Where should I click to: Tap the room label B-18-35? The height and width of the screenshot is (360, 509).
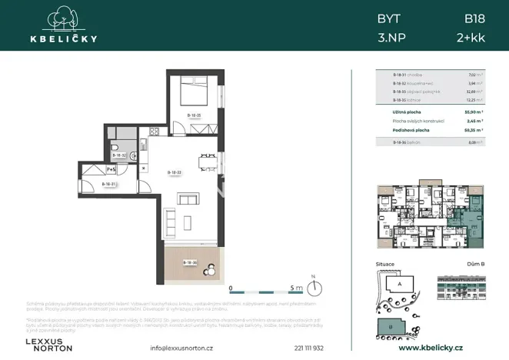point(194,115)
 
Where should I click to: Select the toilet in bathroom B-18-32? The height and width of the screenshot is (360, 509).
point(115,149)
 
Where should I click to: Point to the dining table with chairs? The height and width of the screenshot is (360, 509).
point(205,162)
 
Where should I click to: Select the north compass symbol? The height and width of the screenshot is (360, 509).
point(315,288)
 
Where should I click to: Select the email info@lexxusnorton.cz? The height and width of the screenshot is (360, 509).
point(182,348)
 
